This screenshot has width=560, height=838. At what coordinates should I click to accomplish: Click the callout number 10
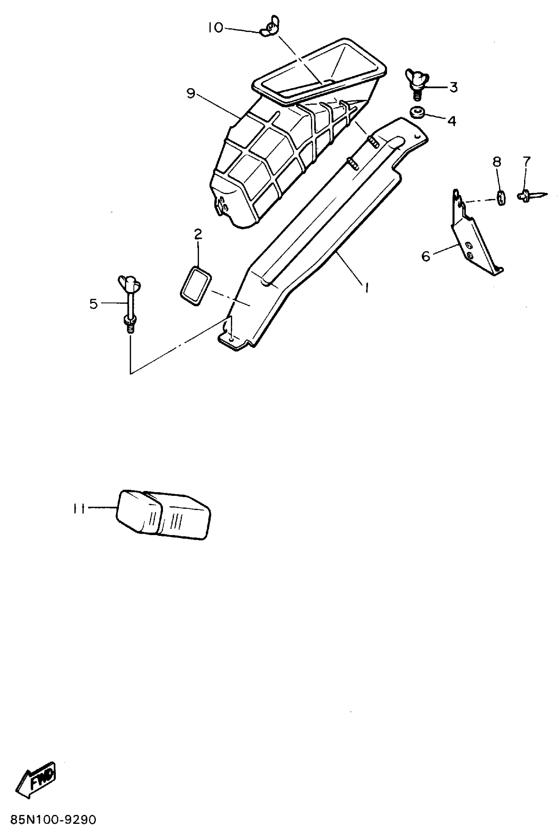tap(215, 27)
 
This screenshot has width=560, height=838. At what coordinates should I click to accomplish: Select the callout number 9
tap(191, 94)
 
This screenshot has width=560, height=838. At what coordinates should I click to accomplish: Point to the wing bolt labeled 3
tap(416, 81)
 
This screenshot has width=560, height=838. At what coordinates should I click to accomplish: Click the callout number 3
tap(453, 87)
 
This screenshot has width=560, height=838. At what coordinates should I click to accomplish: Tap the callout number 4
tap(452, 122)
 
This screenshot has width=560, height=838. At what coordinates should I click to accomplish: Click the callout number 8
tap(497, 162)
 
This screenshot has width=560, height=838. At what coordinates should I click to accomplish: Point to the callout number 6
tap(426, 256)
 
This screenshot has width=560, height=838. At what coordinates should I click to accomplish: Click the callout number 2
tap(198, 234)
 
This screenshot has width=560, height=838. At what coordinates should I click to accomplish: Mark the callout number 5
tap(94, 304)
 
